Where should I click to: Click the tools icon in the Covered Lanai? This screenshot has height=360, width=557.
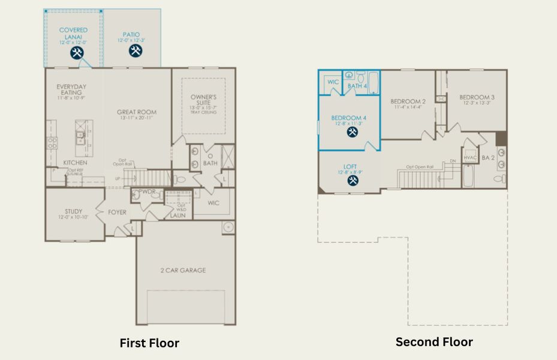[77, 53]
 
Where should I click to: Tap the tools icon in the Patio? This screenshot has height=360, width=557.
[134, 51]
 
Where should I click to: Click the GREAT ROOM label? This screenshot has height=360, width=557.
[137, 112]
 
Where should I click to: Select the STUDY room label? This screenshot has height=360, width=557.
[74, 211]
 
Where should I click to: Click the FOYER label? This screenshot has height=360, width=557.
[117, 212]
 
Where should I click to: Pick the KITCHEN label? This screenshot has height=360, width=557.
[75, 163]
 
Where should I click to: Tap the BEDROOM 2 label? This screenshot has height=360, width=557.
[408, 101]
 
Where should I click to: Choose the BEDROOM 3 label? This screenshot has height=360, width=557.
[477, 97]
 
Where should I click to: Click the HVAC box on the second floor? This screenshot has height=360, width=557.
[470, 158]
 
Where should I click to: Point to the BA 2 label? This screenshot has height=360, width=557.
[488, 158]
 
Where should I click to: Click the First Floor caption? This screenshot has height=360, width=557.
[149, 343]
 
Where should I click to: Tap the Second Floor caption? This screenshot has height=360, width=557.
[434, 342]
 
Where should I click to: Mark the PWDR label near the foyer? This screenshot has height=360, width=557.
[147, 193]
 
